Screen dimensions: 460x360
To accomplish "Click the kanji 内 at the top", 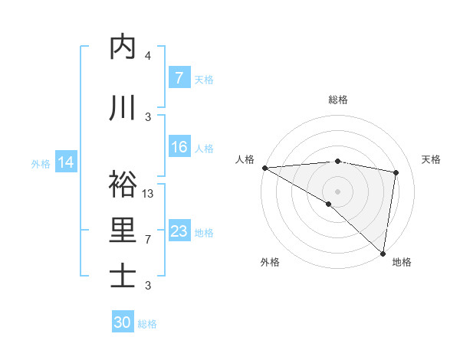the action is [123, 47].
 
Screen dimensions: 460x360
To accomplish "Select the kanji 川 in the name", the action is [123, 108].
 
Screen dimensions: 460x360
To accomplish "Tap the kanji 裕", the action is [123, 185].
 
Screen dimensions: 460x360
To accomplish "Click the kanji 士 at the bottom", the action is [123, 277].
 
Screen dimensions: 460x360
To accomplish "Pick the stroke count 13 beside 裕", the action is [148, 194].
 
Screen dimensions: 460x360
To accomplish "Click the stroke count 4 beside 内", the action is [148, 56].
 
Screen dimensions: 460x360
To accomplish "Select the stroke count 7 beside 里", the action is [148, 240].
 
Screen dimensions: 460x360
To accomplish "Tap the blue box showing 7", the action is [179, 78].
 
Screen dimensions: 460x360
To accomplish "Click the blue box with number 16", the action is [179, 147].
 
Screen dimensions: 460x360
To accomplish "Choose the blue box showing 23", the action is [179, 231].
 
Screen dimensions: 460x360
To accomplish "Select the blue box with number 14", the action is [66, 162].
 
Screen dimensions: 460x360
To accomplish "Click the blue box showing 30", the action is [123, 322].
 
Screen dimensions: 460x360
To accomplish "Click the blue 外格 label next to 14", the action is [40, 163].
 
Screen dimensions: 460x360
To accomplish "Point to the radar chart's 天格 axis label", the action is [431, 159].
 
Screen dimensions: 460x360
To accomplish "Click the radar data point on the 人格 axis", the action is [264, 168].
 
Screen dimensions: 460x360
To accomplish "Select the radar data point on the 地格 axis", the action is [383, 253].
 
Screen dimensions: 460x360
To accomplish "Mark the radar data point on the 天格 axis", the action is [396, 173].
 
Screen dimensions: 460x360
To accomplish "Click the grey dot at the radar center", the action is [337, 191].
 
